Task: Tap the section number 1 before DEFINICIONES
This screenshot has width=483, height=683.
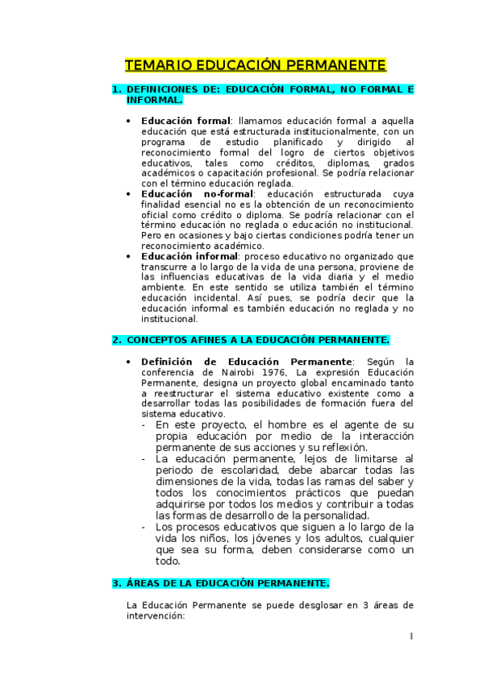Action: pyautogui.click(x=115, y=89)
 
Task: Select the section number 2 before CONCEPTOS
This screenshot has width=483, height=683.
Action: pyautogui.click(x=115, y=340)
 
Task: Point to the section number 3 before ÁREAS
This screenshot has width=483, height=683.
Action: pyautogui.click(x=115, y=582)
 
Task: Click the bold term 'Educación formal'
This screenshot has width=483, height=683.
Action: pyautogui.click(x=185, y=120)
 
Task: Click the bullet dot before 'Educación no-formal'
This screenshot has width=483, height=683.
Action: pyautogui.click(x=131, y=194)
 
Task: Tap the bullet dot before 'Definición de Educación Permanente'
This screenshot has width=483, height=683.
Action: pyautogui.click(x=131, y=362)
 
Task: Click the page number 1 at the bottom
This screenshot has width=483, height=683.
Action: pyautogui.click(x=410, y=636)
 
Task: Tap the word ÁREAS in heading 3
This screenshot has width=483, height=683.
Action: pyautogui.click(x=146, y=582)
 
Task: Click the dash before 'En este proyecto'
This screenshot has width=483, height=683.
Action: pyautogui.click(x=143, y=424)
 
